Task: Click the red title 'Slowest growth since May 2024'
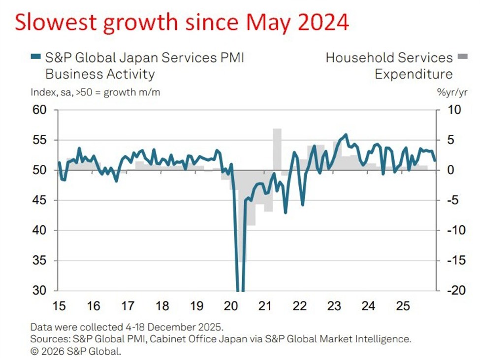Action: coord(181,22)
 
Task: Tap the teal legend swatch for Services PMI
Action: coord(36,58)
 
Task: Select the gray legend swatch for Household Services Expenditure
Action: coord(461,58)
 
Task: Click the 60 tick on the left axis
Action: coord(39,110)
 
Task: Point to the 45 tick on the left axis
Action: coord(39,200)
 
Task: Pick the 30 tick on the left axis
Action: coord(39,290)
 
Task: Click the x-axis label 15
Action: coord(59,306)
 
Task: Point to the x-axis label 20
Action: coord(231,306)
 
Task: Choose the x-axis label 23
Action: coord(334,306)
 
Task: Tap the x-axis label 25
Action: coord(403,306)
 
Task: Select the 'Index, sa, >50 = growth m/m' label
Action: coord(95,92)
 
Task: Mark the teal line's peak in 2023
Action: coord(346,135)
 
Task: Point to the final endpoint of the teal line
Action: coord(434,160)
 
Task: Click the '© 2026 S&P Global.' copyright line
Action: coord(75,351)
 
